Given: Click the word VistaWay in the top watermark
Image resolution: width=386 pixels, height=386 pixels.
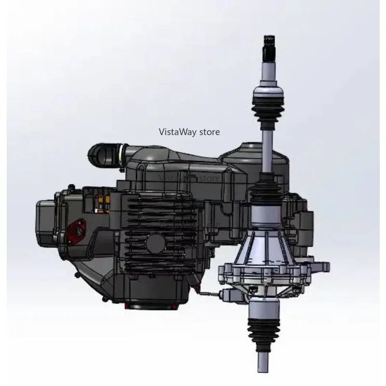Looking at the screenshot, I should tap(175, 132).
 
